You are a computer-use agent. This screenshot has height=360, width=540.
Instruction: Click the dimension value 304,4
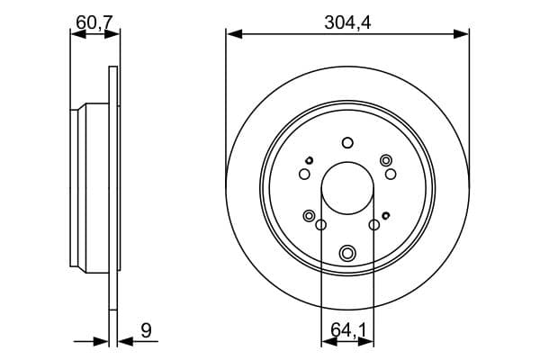point(347,24)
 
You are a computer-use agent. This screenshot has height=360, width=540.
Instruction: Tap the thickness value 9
point(146,330)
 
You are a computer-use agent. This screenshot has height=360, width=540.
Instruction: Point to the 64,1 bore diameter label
point(347,330)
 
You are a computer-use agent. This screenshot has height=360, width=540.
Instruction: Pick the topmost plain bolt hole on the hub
point(347,142)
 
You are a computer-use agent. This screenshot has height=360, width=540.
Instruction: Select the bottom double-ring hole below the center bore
point(347,254)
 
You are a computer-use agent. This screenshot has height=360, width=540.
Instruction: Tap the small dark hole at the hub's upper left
point(309,159)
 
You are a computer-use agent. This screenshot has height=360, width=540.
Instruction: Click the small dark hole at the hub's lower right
point(386,215)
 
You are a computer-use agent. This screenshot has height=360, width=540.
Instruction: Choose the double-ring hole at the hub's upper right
point(386,160)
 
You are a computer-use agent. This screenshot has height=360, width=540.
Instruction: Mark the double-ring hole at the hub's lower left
point(310,216)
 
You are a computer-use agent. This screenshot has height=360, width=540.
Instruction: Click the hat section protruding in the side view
point(79,188)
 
